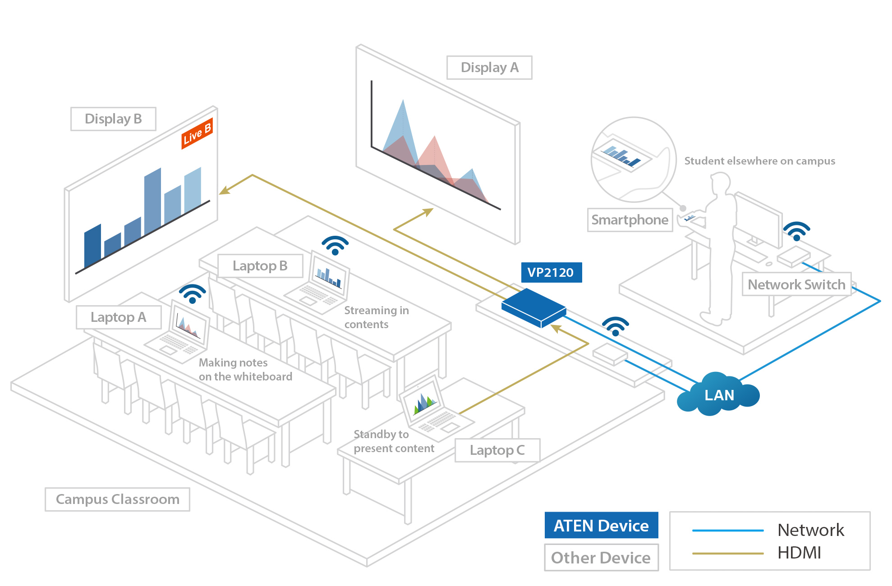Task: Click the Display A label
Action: pyautogui.click(x=489, y=68)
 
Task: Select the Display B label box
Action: pyautogui.click(x=113, y=119)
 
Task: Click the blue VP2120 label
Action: pyautogui.click(x=551, y=273)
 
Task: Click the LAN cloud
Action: pyautogui.click(x=719, y=395)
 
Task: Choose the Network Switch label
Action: pyautogui.click(x=796, y=284)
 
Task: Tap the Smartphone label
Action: pyautogui.click(x=630, y=220)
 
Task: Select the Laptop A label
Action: pyautogui.click(x=119, y=317)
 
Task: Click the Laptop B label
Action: pyautogui.click(x=260, y=266)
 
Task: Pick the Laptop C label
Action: pyautogui.click(x=497, y=450)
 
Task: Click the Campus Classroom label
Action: pyautogui.click(x=117, y=499)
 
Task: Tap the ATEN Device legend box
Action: pyautogui.click(x=601, y=526)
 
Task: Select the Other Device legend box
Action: pyautogui.click(x=601, y=558)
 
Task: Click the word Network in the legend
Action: pyautogui.click(x=811, y=530)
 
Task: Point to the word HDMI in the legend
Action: pyautogui.click(x=800, y=553)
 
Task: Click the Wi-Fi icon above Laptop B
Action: pyautogui.click(x=335, y=245)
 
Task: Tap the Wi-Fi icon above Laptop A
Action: pyautogui.click(x=193, y=293)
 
